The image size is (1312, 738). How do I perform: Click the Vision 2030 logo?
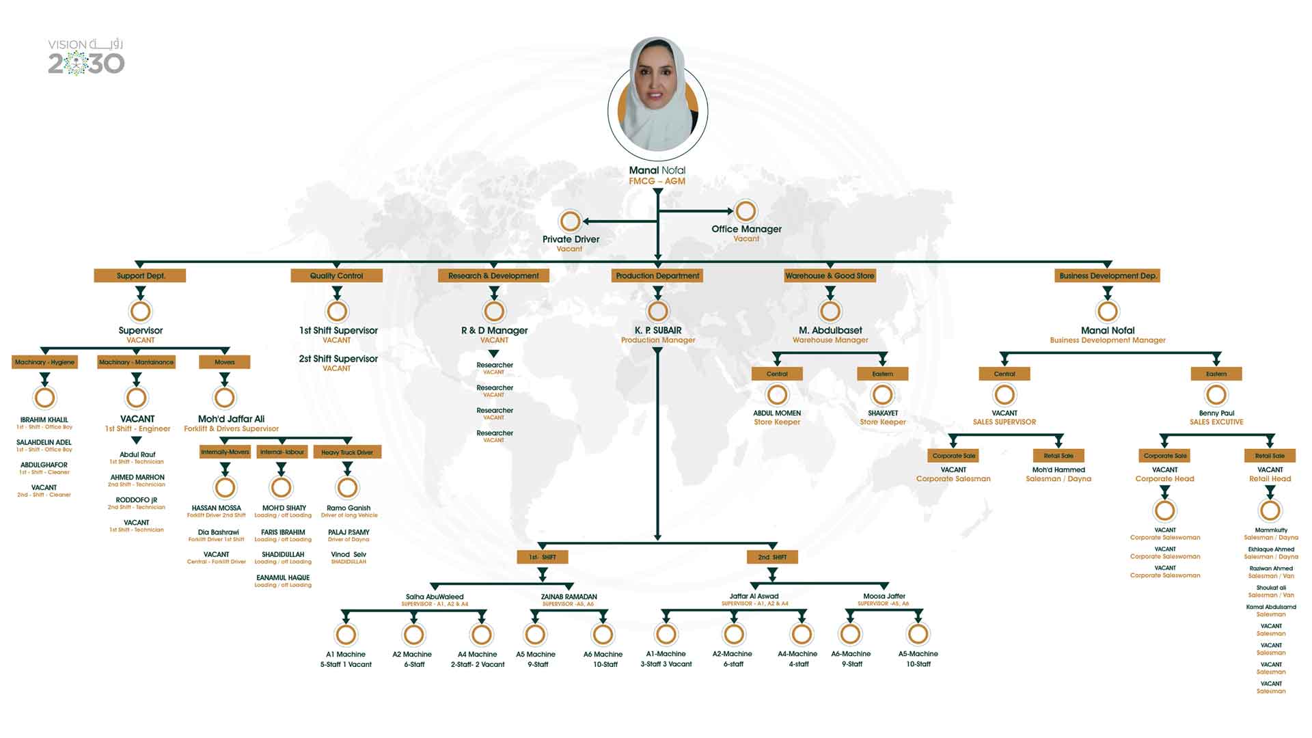pos(86,57)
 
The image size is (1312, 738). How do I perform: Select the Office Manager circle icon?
pos(746,210)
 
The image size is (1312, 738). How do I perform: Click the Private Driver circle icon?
pos(570,221)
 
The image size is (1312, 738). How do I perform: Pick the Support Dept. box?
pos(140,275)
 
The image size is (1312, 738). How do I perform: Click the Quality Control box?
pos(336,275)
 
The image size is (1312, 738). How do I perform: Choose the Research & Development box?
pos(493,275)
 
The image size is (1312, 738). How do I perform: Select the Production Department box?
pos(657,275)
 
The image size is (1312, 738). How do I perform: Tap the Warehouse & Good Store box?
pos(830,275)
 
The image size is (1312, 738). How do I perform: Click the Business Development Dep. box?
pos(1108,275)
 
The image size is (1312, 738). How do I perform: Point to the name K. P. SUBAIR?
pos(657,330)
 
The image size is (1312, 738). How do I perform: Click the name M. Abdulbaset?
pos(830,330)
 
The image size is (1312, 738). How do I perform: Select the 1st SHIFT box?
pos(543,557)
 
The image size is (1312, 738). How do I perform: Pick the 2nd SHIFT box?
pos(772,557)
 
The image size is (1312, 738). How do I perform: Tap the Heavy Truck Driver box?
pos(347,452)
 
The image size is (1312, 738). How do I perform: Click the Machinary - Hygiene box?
pos(44,361)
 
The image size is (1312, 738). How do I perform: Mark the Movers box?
pos(224,361)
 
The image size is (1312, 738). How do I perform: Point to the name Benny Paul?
pos(1216,413)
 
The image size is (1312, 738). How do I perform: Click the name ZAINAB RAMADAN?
pos(569,597)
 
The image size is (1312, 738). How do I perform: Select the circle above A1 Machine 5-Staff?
pos(346,635)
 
